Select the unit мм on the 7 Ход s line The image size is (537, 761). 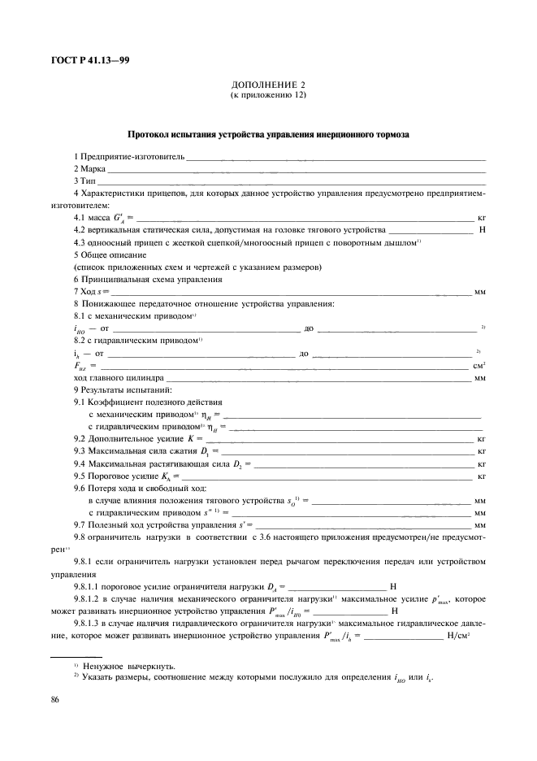pyautogui.click(x=480, y=292)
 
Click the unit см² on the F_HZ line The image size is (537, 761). pyautogui.click(x=479, y=366)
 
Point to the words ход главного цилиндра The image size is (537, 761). pyautogui.click(x=119, y=378)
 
